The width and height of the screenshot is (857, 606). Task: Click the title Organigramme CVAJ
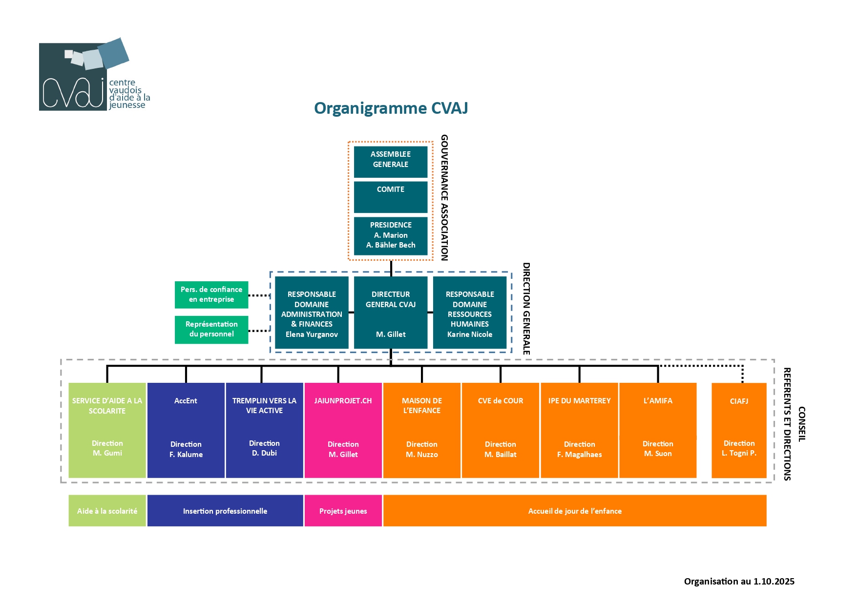tap(391, 108)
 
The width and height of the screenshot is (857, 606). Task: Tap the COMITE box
tap(391, 197)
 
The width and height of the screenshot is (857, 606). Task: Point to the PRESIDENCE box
tap(391, 235)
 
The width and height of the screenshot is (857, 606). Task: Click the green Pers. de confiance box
tap(211, 294)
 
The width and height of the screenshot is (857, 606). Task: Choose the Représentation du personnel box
tap(211, 330)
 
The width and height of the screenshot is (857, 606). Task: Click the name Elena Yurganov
tap(312, 334)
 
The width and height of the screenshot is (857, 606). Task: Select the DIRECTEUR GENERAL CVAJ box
tap(391, 313)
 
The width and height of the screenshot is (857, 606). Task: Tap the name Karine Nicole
tap(470, 334)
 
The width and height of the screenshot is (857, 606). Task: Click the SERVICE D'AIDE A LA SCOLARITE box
tap(107, 430)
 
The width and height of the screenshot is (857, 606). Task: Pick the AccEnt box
tap(186, 430)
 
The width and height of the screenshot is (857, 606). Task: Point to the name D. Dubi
tap(264, 453)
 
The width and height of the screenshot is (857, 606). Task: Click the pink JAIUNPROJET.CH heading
tap(343, 401)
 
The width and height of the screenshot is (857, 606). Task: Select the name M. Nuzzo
tap(422, 455)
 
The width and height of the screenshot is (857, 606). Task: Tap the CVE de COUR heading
tap(501, 401)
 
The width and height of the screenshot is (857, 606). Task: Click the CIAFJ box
tap(739, 430)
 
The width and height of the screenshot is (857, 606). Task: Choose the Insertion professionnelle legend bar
tap(225, 511)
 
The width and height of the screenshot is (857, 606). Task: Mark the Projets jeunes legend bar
tap(343, 511)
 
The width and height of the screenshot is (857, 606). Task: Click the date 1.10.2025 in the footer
tap(773, 582)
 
